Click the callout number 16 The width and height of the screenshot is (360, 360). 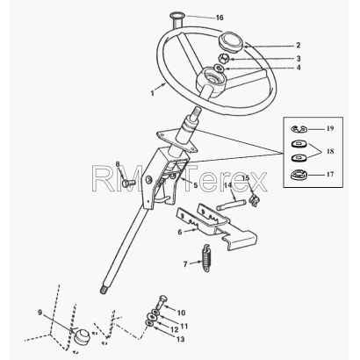coord(220,18)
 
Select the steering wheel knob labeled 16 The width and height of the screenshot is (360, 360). coord(176,19)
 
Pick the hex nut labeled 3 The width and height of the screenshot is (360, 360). coord(225,58)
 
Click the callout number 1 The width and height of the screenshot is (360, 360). coord(152,94)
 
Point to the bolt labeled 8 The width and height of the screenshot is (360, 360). coord(128,184)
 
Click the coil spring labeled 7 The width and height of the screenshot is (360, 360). coord(206,258)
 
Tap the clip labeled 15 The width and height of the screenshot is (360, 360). coord(254,200)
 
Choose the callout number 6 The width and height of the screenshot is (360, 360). coord(180,232)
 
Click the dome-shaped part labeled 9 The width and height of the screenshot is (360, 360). coord(82,336)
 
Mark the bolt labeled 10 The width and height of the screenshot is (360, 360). coord(162,303)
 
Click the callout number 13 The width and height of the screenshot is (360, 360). coord(181,339)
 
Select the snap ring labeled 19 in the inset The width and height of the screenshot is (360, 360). coord(299,128)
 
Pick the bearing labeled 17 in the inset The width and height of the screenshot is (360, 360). coord(299,175)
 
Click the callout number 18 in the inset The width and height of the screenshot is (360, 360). coord(330,151)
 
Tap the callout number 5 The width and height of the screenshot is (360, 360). coord(195,185)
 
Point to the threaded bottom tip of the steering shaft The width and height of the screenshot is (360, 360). coord(103,291)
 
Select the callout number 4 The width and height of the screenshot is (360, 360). coord(299,68)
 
